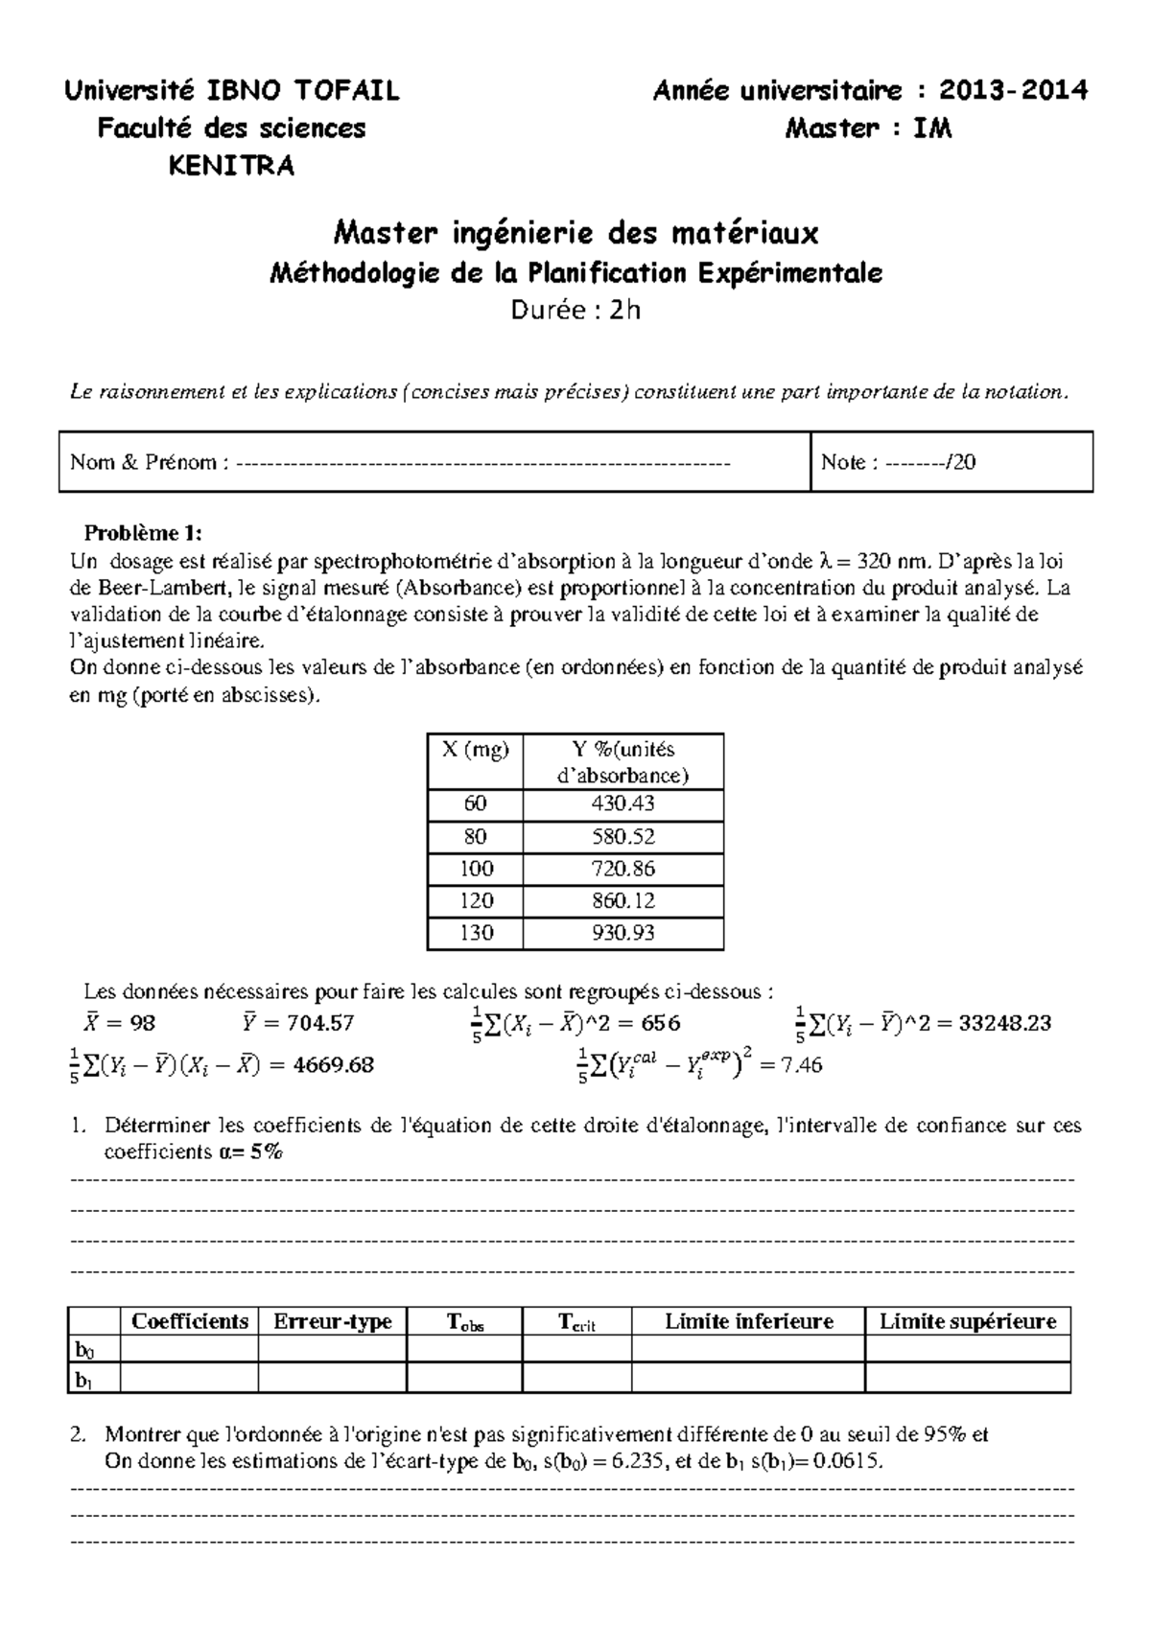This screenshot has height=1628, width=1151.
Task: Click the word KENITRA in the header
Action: pos(231,166)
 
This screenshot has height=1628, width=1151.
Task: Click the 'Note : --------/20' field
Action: pos(898,462)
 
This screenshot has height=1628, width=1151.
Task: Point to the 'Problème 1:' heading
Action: pos(144,533)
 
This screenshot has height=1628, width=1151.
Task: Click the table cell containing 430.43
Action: pos(623,804)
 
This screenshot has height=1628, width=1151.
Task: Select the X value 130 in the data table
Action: pos(476,933)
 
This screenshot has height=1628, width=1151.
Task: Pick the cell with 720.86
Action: pos(623,869)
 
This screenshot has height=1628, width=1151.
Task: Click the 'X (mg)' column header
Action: pos(476,750)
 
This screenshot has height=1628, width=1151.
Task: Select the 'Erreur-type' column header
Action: pos(332,1321)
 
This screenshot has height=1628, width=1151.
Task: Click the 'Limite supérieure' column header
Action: pos(967,1321)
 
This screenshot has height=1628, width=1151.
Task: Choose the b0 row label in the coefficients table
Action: pos(85,1350)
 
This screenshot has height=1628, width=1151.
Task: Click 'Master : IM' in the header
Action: pos(868,128)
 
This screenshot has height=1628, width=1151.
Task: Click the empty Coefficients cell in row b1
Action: pos(189,1379)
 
